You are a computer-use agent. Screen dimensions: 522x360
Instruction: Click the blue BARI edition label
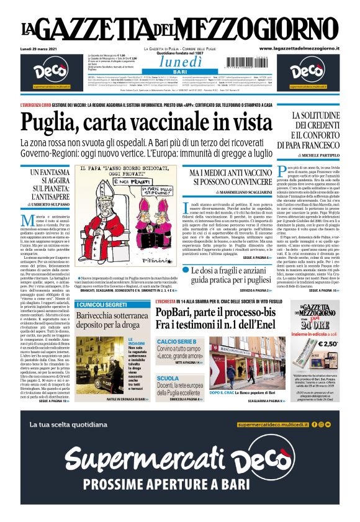click(180, 73)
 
